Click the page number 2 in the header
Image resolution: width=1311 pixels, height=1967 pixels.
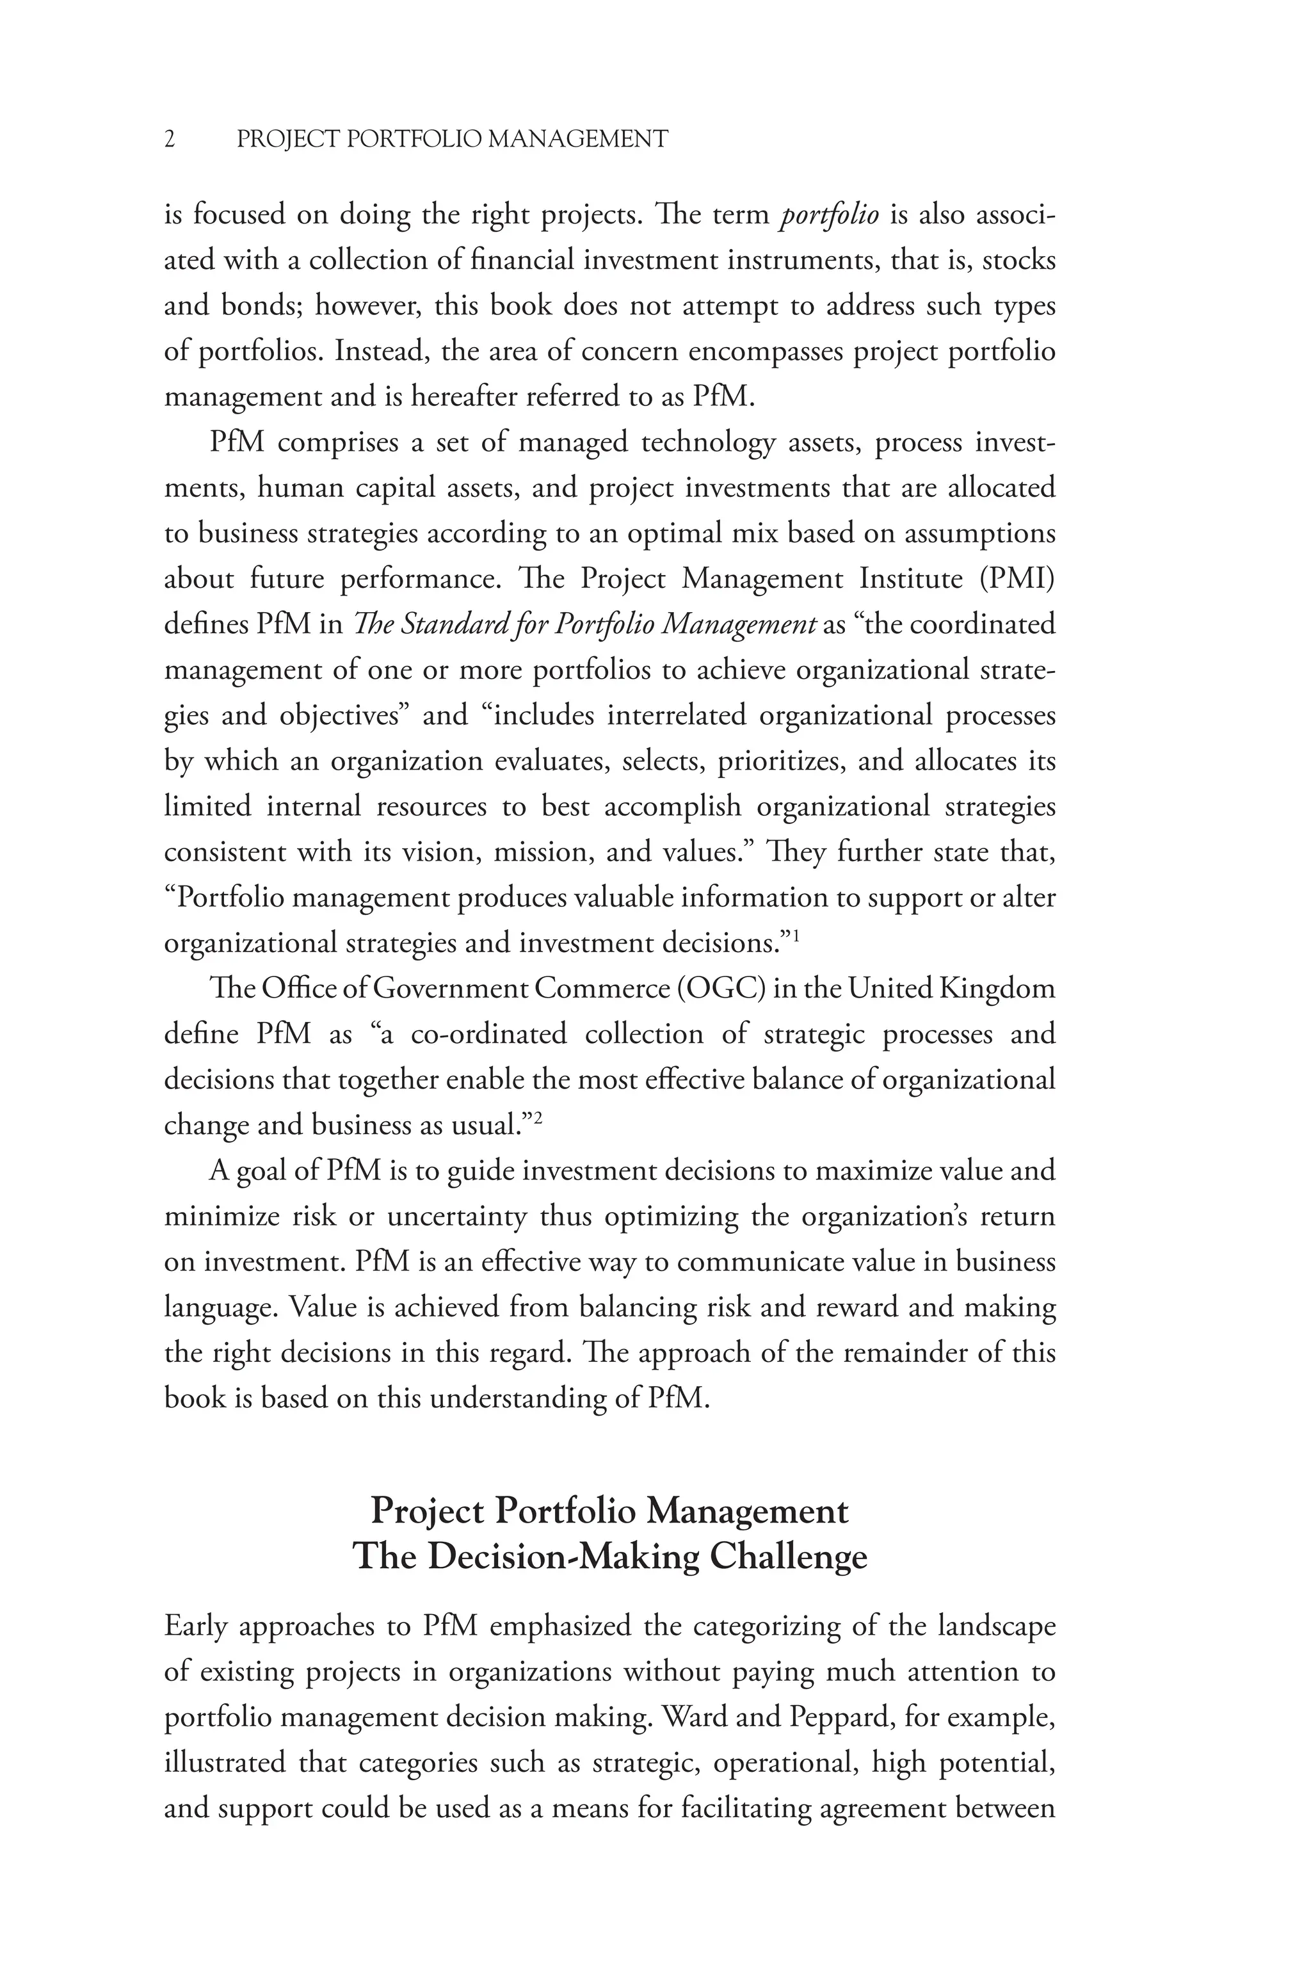[170, 139]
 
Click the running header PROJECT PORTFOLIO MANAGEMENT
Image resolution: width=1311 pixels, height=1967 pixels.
[453, 139]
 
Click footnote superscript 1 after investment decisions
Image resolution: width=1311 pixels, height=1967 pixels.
[796, 936]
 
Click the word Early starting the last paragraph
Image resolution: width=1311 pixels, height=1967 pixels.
[196, 1626]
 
